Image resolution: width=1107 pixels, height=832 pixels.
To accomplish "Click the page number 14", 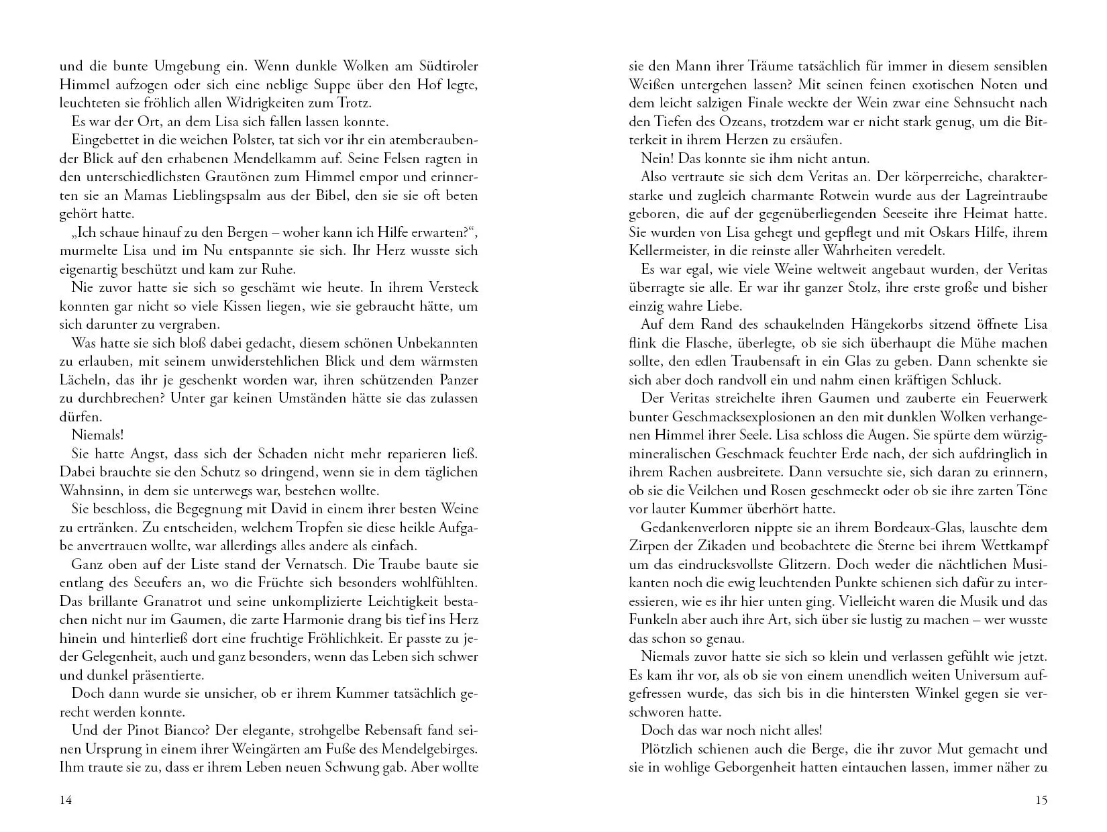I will tap(65, 800).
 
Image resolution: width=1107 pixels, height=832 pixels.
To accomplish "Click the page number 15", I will tap(1041, 800).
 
